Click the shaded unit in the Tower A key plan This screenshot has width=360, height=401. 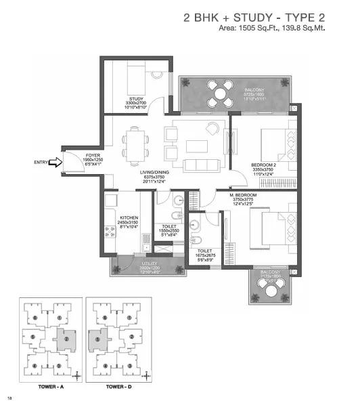(x=66, y=338)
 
